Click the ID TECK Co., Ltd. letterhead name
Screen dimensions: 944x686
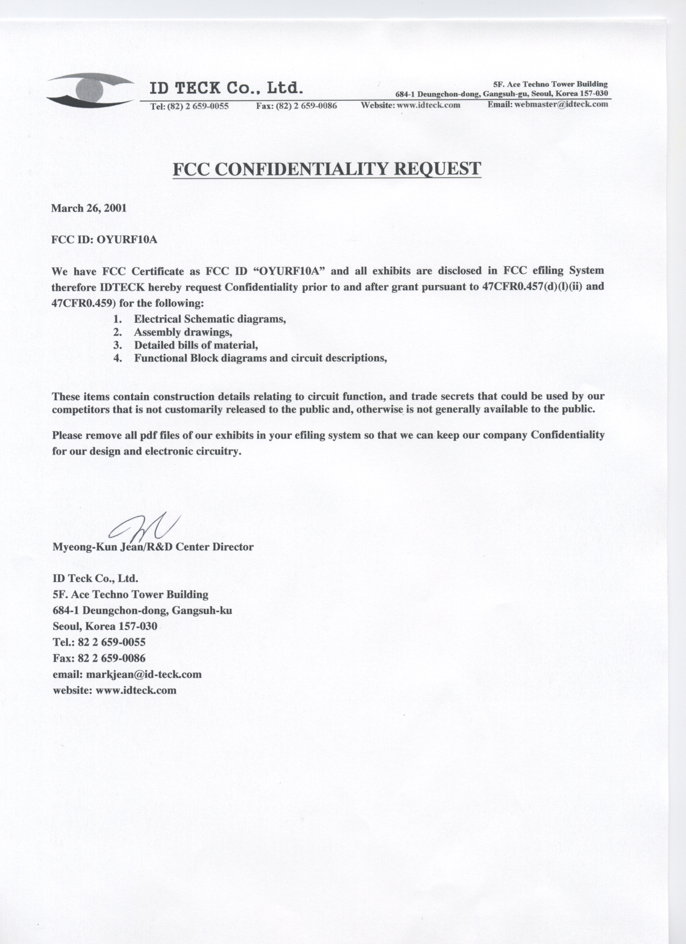pyautogui.click(x=227, y=88)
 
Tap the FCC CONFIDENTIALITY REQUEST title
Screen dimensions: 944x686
pyautogui.click(x=326, y=168)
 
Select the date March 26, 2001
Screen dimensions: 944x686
pyautogui.click(x=89, y=208)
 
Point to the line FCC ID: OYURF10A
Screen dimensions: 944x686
pyautogui.click(x=104, y=239)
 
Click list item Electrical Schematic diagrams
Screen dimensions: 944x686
pyautogui.click(x=209, y=319)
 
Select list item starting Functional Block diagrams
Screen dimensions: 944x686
pyautogui.click(x=260, y=358)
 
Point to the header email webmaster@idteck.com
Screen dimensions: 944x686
pyautogui.click(x=561, y=104)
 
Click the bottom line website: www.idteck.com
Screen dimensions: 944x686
pyautogui.click(x=114, y=690)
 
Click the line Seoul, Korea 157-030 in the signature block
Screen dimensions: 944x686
pyautogui.click(x=105, y=626)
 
